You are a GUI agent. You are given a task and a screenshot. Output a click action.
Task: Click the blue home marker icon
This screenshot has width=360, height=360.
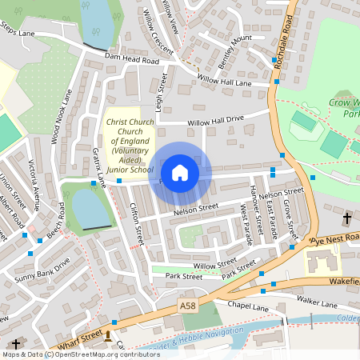(x=180, y=173)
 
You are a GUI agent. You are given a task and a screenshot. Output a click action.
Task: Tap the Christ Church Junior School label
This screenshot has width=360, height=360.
(x=129, y=146)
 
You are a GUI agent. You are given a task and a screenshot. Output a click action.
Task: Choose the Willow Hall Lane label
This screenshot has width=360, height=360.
(x=225, y=82)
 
